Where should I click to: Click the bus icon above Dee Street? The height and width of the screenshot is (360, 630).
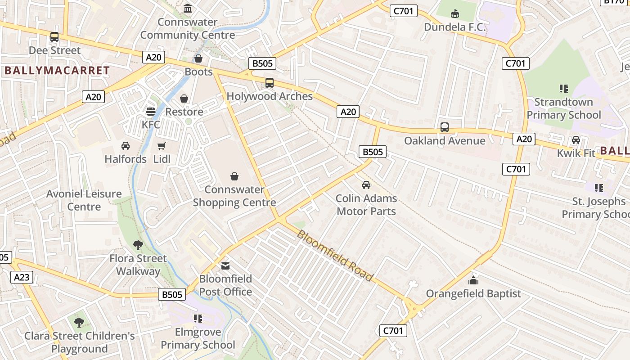(54, 37)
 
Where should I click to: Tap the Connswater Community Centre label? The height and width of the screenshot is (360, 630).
(188, 28)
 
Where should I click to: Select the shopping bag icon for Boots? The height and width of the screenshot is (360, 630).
(198, 58)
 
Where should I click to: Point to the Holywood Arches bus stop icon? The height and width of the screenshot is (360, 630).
(269, 83)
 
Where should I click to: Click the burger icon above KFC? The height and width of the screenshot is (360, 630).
(151, 111)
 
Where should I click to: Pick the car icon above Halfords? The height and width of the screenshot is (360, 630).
(126, 146)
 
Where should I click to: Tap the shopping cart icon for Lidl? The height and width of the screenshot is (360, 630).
(162, 146)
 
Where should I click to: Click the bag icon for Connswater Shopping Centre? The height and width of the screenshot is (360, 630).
(234, 176)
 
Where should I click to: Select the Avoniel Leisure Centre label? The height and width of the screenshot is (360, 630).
(84, 200)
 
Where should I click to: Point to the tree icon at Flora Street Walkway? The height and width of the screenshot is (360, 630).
(138, 245)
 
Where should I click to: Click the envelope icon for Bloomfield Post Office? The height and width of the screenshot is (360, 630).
(225, 266)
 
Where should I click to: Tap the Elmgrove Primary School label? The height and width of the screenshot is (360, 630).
(198, 338)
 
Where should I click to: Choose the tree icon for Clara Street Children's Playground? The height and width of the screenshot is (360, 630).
(79, 323)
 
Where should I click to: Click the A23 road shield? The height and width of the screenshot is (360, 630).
(22, 277)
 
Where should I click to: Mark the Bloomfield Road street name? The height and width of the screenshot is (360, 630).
(335, 256)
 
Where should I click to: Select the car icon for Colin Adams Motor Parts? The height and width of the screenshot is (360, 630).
(366, 185)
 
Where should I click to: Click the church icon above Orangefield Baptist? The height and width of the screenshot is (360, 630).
(473, 280)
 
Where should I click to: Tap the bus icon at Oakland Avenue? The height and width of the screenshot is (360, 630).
(445, 127)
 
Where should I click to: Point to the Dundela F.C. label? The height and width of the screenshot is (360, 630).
(455, 27)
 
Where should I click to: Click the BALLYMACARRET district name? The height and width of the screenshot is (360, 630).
(57, 71)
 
